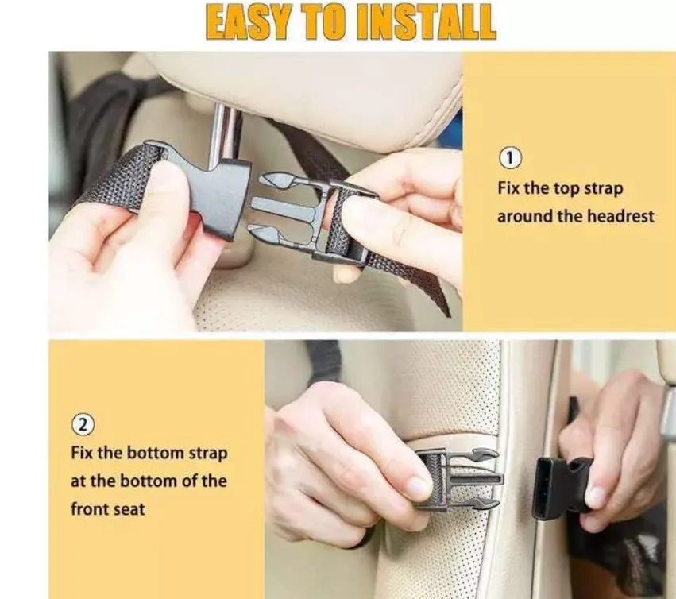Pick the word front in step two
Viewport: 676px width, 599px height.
point(88,509)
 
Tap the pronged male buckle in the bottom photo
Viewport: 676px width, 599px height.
point(457,478)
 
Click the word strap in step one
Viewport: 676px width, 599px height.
point(600,189)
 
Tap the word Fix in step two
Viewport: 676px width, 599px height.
point(83,453)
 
